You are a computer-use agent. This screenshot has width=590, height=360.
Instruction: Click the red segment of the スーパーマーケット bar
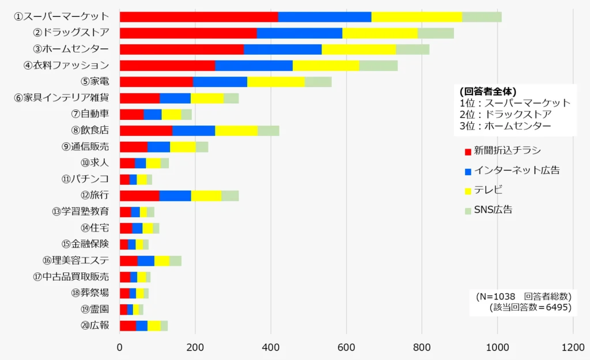click(199, 17)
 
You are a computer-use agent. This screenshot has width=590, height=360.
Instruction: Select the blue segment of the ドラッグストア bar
click(299, 33)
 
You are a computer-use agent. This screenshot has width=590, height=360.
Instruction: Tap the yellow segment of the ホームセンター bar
click(358, 49)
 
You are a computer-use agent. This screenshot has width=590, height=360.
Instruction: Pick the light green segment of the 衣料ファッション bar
click(378, 65)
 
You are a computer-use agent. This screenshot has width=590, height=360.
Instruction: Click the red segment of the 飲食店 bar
click(146, 130)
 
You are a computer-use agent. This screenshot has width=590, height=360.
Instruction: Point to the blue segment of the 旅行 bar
click(175, 195)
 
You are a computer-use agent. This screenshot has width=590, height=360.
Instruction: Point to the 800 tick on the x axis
click(422, 347)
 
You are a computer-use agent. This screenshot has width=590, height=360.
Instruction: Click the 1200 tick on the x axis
click(573, 347)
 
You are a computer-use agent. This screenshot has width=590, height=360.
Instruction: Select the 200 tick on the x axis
click(195, 347)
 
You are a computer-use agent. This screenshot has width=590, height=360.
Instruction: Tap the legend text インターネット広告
click(516, 170)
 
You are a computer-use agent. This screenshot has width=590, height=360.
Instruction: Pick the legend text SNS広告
click(493, 210)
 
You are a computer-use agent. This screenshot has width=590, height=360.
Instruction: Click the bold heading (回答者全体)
click(488, 92)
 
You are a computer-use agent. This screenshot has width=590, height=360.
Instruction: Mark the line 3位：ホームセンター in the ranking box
click(505, 126)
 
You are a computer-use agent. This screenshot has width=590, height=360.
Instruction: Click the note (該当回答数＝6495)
click(530, 308)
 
